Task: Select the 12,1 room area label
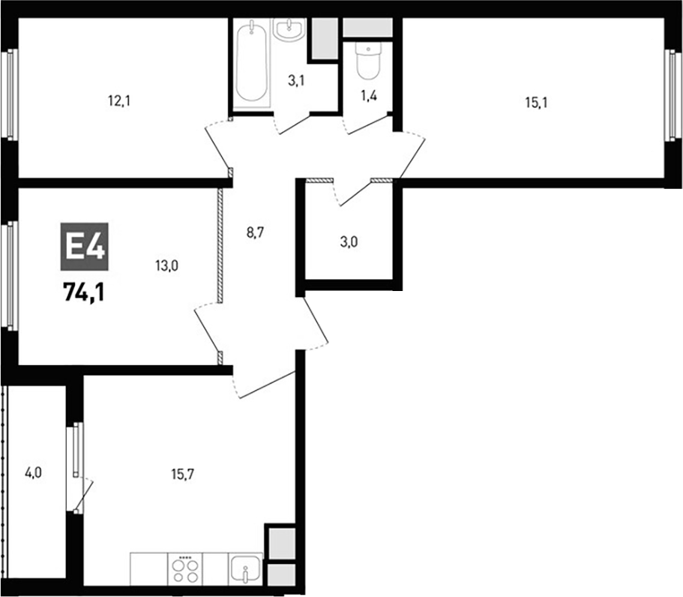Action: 120,100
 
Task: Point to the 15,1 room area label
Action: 535,103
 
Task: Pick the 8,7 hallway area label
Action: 256,232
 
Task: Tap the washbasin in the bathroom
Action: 289,30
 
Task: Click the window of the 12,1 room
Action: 10,94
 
